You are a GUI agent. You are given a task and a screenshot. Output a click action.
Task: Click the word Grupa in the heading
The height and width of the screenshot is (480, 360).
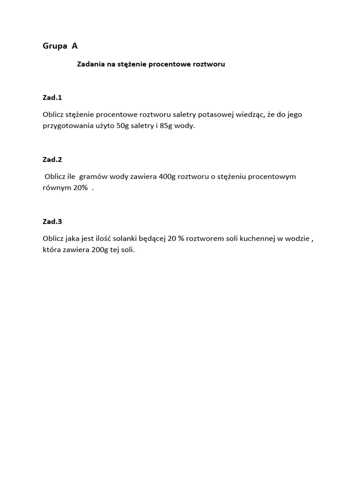click(54, 46)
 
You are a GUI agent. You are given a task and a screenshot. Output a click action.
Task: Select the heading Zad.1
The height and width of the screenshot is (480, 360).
click(52, 97)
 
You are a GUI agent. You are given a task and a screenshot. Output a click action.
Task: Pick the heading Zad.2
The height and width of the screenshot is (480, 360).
click(52, 159)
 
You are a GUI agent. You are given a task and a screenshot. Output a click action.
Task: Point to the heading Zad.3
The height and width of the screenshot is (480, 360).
click(52, 221)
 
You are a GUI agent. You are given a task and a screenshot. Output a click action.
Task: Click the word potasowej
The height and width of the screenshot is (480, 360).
click(216, 114)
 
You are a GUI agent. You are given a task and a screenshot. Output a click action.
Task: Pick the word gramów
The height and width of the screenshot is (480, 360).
click(93, 177)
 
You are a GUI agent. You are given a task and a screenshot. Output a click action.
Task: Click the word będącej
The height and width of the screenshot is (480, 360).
click(151, 239)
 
